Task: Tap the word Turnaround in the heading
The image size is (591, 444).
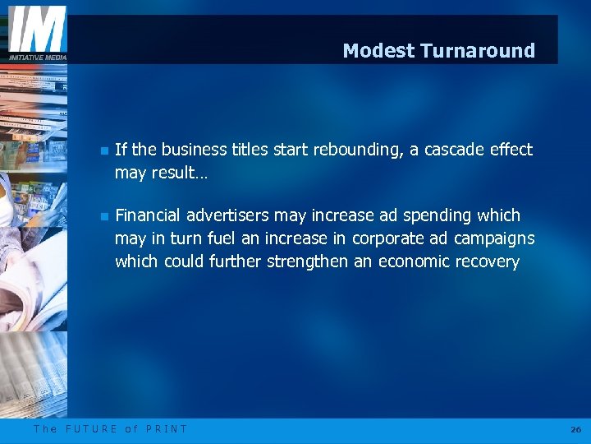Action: (477, 51)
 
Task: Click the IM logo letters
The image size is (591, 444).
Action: (37, 30)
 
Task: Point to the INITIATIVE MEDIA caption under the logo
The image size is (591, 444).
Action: (37, 57)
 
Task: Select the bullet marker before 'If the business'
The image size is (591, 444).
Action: (104, 150)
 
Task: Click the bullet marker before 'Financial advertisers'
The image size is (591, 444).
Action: (104, 216)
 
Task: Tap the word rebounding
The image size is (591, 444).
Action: (358, 150)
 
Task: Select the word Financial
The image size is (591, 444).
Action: (149, 215)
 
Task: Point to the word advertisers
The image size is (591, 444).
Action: (228, 215)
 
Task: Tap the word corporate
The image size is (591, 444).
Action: (387, 238)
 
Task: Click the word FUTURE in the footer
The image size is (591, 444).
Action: (91, 428)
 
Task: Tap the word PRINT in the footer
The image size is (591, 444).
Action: (167, 428)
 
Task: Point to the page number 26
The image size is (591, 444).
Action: (575, 429)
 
